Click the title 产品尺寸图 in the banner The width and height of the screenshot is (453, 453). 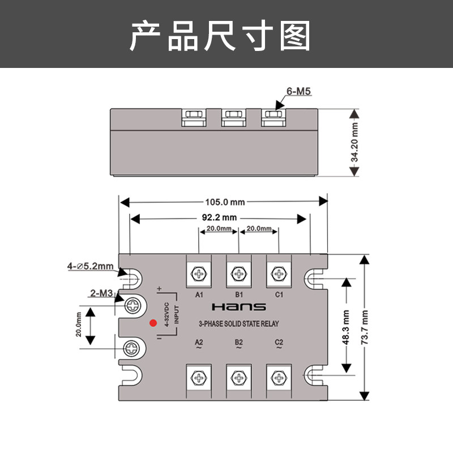coord(221,35)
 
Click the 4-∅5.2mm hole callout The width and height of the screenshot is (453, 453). coord(91,266)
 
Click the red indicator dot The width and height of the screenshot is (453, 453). coord(152,323)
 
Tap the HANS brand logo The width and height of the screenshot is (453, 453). coord(238,307)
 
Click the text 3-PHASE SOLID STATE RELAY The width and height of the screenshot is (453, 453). coord(238,324)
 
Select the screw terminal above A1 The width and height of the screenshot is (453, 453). coord(199,275)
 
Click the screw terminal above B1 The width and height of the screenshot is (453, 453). coord(238,275)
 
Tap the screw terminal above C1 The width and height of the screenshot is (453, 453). coord(278,275)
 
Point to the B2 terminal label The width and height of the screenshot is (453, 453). coord(238,343)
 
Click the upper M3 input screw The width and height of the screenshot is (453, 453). coord(132,305)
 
